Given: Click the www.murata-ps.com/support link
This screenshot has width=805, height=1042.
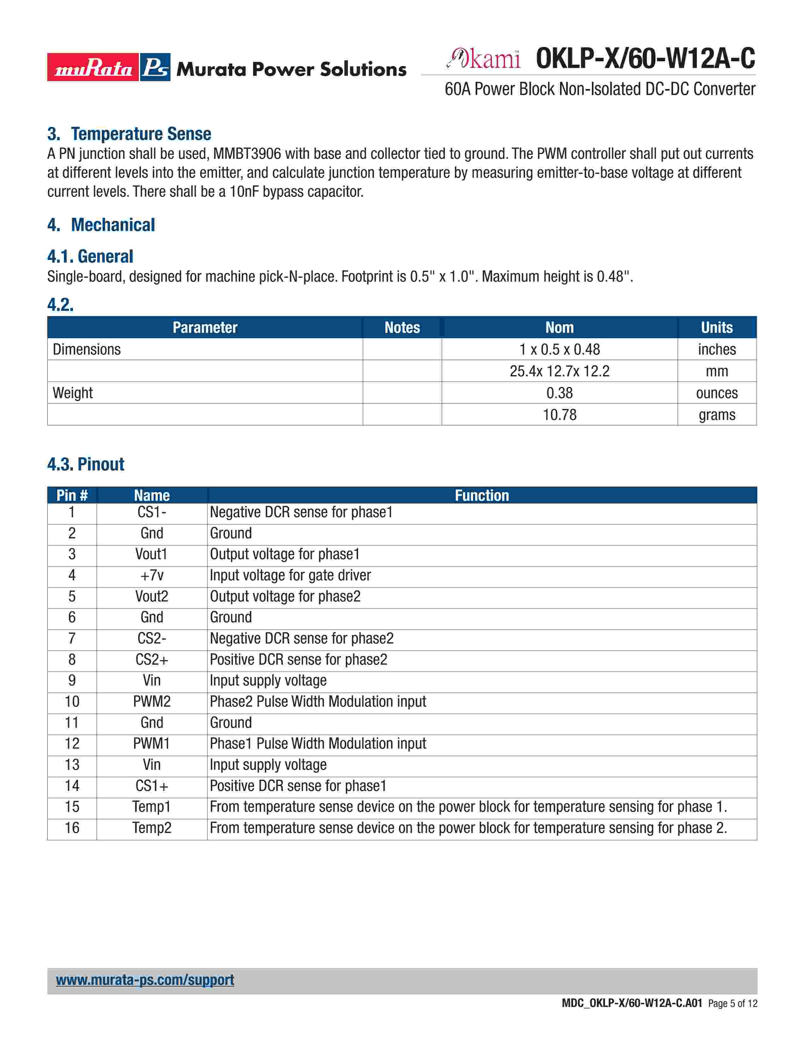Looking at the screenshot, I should (x=145, y=980).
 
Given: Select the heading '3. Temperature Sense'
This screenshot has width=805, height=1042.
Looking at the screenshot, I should (x=129, y=134).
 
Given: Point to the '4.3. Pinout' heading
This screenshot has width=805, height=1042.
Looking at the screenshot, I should (x=86, y=464).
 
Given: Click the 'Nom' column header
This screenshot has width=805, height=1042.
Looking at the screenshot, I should (x=559, y=328).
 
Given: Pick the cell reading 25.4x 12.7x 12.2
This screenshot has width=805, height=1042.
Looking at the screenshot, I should (x=559, y=371).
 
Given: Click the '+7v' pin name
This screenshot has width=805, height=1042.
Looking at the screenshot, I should (x=152, y=575).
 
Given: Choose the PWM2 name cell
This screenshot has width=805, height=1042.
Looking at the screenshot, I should (x=152, y=702).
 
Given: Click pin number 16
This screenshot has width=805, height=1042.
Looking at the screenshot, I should (x=72, y=828).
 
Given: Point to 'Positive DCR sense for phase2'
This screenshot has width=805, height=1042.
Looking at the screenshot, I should (x=299, y=660).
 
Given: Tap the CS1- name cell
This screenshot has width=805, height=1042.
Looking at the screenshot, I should (x=152, y=512).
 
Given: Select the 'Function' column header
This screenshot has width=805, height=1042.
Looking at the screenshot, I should (x=482, y=496).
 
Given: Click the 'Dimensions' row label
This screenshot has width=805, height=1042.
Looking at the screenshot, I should (x=87, y=350).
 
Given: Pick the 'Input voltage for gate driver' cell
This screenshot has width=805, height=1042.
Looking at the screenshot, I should (x=290, y=575).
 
